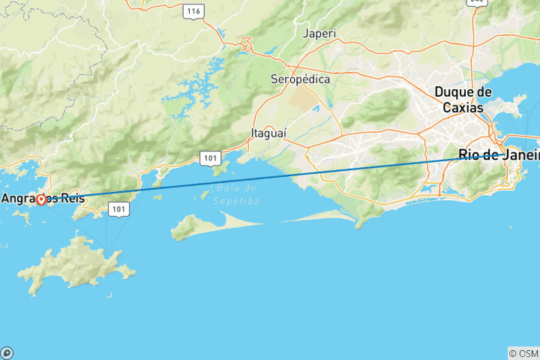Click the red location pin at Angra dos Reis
pos(40,200)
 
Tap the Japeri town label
pos(319,34)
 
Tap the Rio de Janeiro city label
pos(499,156)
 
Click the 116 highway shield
pos(194,10)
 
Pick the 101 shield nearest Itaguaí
pos(208,157)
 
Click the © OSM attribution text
pos(523,352)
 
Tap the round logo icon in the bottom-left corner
pos(7,352)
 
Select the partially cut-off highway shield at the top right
pos(476,2)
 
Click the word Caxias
pos(463,107)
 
